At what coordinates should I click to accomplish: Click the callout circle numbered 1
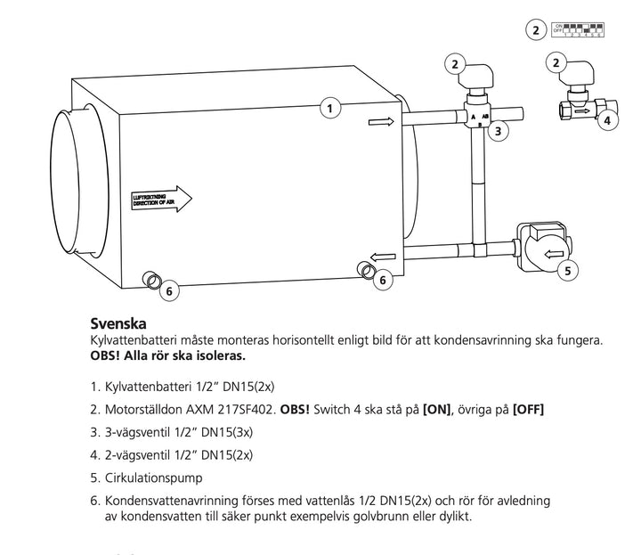[x=330, y=109]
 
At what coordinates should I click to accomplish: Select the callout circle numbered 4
[x=608, y=119]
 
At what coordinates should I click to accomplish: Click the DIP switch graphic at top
[x=578, y=30]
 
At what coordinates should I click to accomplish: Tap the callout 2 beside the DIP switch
[x=535, y=30]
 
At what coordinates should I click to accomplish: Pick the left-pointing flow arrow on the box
[x=382, y=258]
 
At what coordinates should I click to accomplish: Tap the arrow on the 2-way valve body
[x=580, y=113]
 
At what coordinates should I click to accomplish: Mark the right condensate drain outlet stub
[x=364, y=270]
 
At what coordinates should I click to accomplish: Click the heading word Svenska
[x=118, y=323]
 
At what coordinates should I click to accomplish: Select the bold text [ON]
[x=437, y=409]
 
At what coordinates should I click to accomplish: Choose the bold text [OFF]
[x=528, y=409]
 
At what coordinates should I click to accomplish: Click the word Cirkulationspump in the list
[x=148, y=477]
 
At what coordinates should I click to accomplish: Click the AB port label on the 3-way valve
[x=485, y=116]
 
